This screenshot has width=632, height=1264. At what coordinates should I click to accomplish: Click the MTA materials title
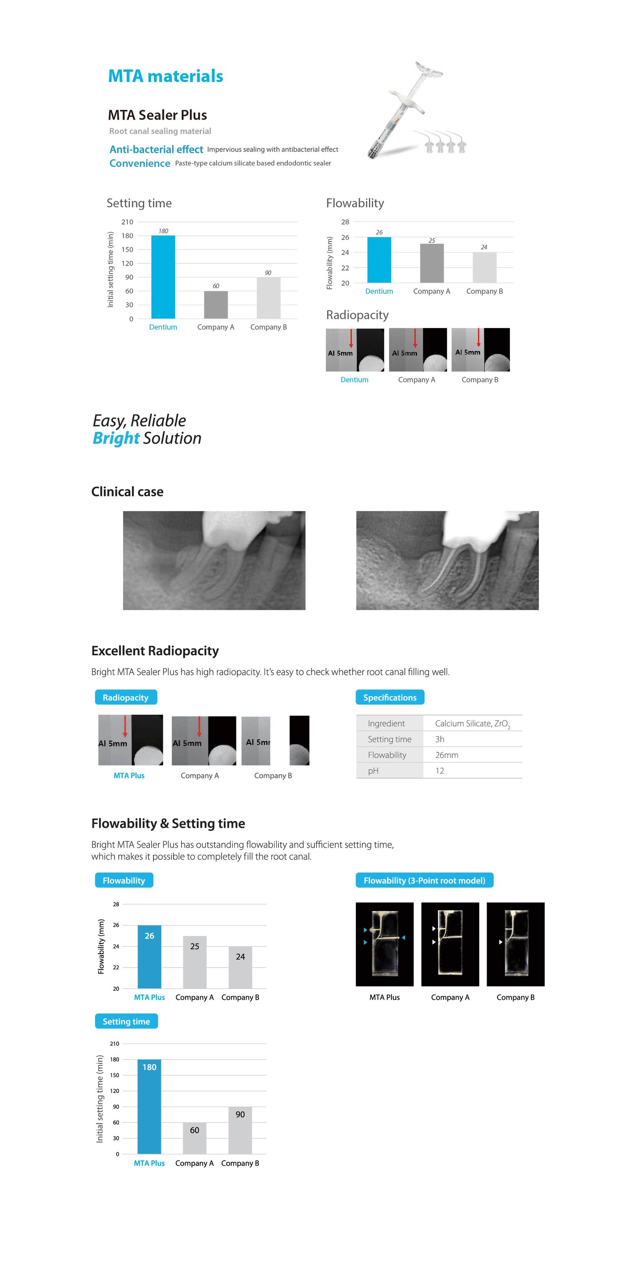tap(166, 76)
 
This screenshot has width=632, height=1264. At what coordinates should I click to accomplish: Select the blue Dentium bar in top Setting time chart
tap(163, 277)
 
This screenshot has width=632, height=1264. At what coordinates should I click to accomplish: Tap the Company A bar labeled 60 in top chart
tap(216, 305)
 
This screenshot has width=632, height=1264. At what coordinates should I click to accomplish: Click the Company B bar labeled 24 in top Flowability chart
tap(484, 268)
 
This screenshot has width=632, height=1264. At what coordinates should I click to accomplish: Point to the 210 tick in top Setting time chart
tap(127, 222)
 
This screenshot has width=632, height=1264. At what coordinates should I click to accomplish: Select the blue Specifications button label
tap(390, 697)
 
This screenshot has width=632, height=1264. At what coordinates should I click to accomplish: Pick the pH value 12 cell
tap(440, 770)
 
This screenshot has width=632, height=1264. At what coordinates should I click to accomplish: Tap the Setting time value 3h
tap(440, 739)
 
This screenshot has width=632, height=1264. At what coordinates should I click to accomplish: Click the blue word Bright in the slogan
tap(116, 438)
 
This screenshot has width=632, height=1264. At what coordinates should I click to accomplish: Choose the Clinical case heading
tap(127, 492)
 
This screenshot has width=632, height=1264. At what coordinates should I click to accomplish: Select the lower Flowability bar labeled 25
tap(194, 962)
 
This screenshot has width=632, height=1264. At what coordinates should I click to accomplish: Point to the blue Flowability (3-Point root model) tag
tap(424, 880)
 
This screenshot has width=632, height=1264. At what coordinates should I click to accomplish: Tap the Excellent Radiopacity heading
tap(155, 651)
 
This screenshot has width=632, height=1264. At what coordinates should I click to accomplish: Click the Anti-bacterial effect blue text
tap(156, 149)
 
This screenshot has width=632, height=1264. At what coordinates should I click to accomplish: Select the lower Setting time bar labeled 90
tap(240, 1131)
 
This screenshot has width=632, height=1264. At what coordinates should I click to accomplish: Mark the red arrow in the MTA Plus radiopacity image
tap(125, 726)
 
